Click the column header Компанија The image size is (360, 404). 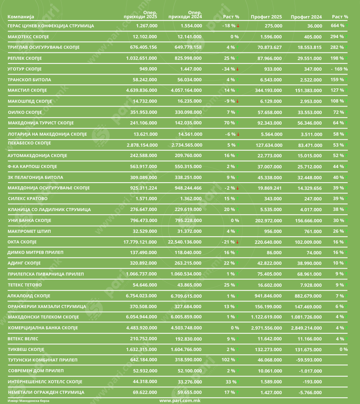(21, 17)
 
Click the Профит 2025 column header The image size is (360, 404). (266, 17)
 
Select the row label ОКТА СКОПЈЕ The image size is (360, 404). (22, 242)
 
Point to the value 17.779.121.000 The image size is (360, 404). (140, 242)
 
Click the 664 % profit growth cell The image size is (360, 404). (338, 26)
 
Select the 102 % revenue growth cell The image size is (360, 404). (229, 360)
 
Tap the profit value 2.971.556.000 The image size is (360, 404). (266, 328)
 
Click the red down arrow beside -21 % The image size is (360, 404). (238, 242)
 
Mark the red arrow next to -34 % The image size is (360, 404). (238, 69)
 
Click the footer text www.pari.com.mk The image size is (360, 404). (180, 400)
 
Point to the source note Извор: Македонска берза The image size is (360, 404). (29, 400)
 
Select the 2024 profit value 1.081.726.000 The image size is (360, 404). (306, 317)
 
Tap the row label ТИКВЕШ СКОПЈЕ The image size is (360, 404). (26, 350)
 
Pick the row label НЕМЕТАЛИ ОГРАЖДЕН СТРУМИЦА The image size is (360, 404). (46, 393)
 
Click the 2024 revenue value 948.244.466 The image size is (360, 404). (185, 188)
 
